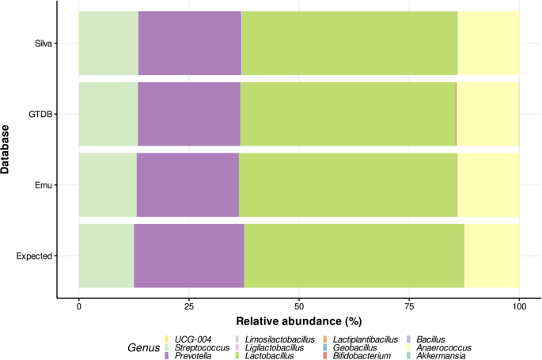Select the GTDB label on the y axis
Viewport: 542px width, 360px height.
click(41, 114)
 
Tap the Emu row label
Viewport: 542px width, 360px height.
click(44, 185)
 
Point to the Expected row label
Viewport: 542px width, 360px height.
click(35, 256)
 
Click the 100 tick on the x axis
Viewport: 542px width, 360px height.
click(518, 305)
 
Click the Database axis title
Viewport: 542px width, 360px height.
click(8, 150)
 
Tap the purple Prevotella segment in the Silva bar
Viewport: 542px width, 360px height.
click(190, 44)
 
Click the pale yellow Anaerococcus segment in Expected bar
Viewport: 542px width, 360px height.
click(491, 256)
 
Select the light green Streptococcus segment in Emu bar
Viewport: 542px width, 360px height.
click(108, 185)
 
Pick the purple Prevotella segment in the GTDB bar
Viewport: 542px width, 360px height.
click(189, 114)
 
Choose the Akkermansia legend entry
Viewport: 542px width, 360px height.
click(443, 356)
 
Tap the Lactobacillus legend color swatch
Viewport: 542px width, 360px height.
click(252, 356)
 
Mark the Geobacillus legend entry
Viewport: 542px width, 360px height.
click(352, 347)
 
